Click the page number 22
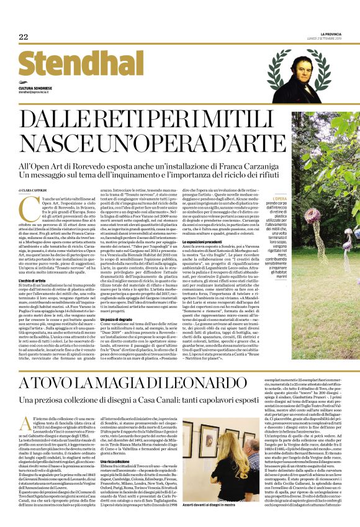pos(23,37)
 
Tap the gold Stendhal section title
pos(60,64)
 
